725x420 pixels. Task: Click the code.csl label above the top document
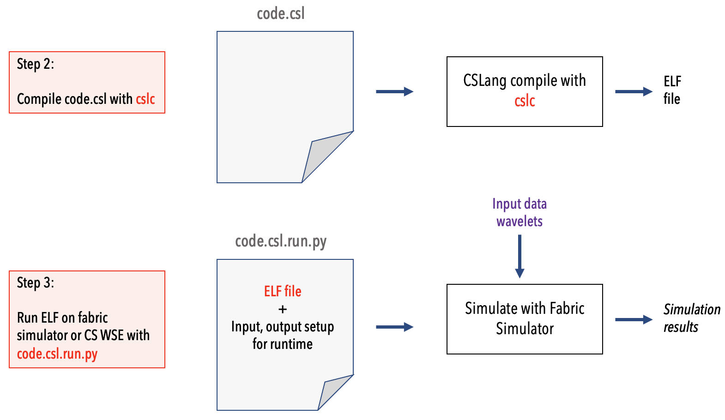(x=281, y=14)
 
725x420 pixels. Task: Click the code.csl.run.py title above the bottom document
(x=281, y=241)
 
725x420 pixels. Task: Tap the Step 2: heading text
(x=35, y=64)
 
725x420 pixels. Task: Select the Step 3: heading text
(x=35, y=282)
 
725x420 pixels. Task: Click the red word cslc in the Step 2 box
(x=145, y=99)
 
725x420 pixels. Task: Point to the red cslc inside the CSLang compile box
(x=525, y=101)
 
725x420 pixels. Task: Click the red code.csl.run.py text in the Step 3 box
(x=57, y=354)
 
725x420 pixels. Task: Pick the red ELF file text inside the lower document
(x=283, y=291)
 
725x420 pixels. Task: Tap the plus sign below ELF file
(x=283, y=309)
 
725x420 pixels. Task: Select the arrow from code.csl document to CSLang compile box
(x=394, y=92)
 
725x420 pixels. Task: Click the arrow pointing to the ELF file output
(x=634, y=92)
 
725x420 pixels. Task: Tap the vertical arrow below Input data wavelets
(x=520, y=256)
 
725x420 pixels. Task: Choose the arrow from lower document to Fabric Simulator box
(x=394, y=327)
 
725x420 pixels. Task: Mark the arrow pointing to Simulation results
(x=634, y=319)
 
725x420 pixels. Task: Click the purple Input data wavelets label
(x=520, y=212)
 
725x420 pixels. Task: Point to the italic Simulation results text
(x=691, y=318)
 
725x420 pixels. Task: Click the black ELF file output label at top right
(x=672, y=90)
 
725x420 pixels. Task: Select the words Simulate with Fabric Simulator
(x=525, y=318)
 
